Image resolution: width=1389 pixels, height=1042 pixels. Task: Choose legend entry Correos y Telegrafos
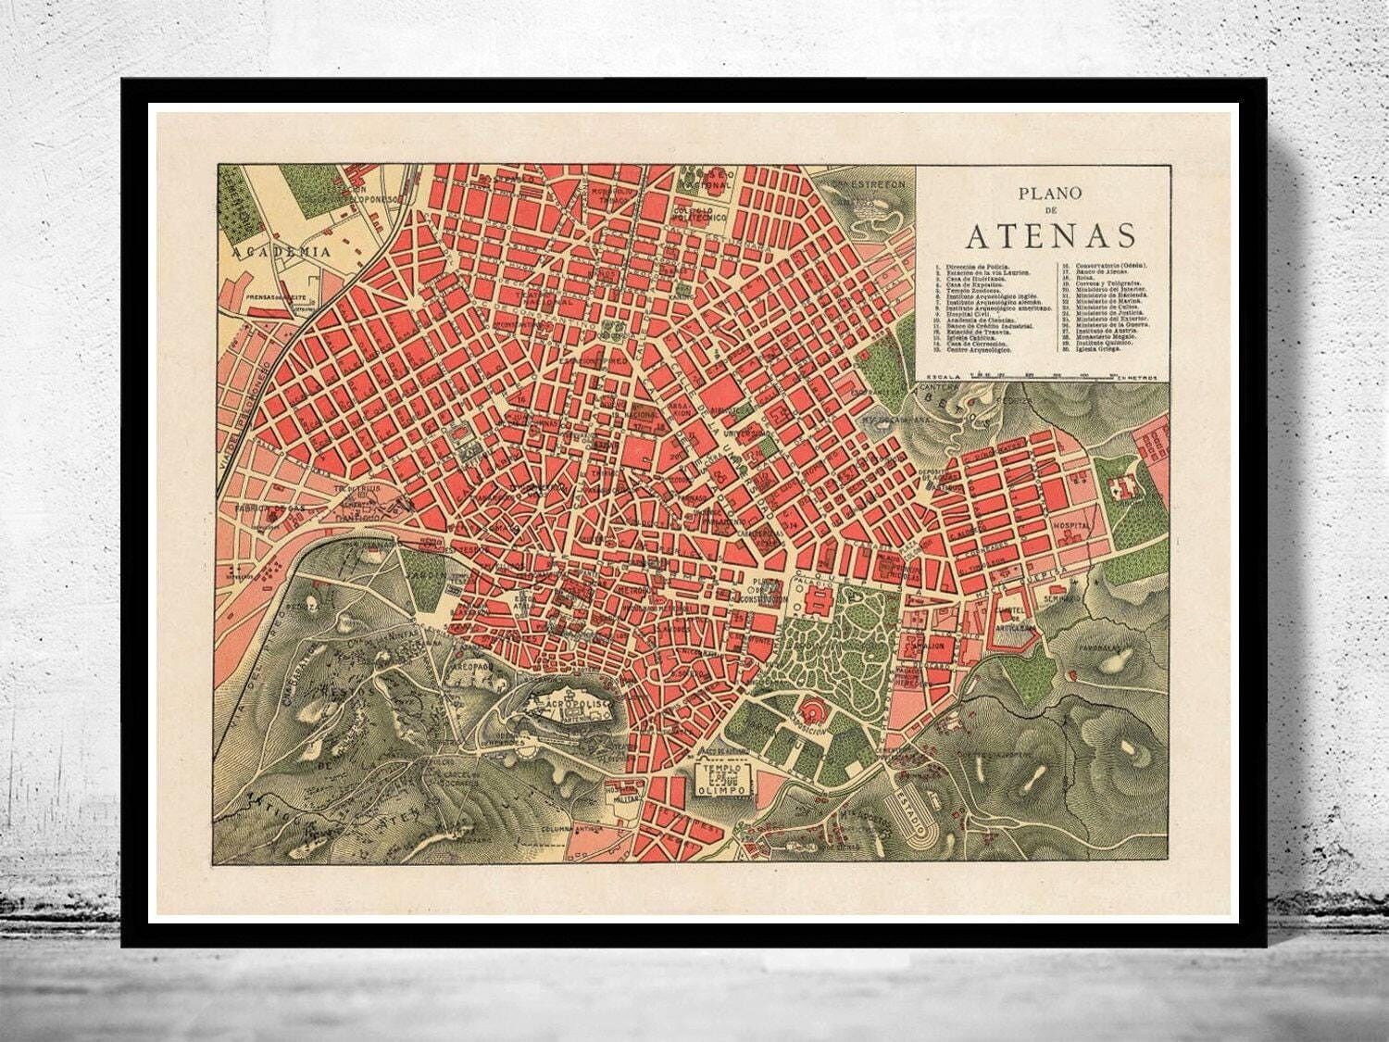(x=1095, y=281)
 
